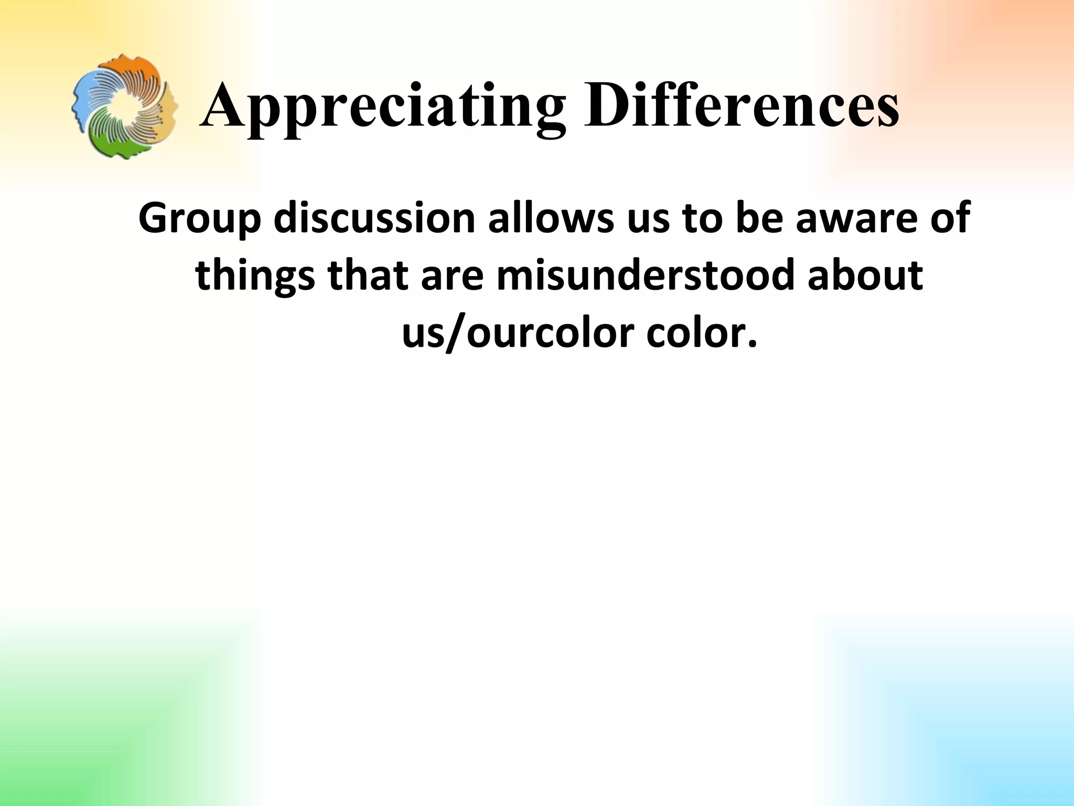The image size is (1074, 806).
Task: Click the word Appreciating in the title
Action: tap(383, 108)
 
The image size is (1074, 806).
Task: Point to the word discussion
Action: tap(374, 218)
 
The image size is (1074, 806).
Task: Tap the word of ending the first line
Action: tap(951, 218)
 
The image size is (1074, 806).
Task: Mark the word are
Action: tap(451, 275)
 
